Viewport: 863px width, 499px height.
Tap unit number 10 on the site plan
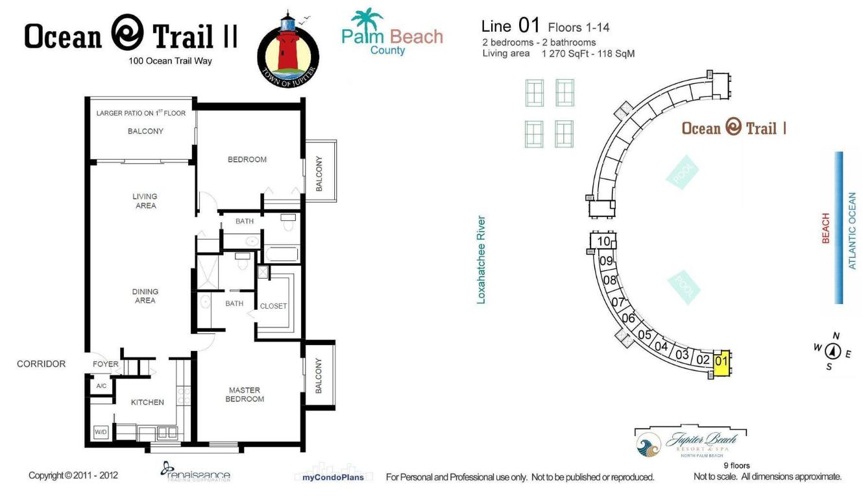coord(604,242)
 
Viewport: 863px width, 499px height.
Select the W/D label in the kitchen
coord(101,431)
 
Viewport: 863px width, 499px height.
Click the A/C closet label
coord(101,386)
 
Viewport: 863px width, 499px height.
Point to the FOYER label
coord(106,364)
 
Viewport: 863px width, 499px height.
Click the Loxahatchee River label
coord(481,260)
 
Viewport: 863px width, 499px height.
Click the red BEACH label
coord(826,228)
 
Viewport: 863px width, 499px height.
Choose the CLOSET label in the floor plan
coord(273,306)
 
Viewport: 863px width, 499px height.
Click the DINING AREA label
coord(145,296)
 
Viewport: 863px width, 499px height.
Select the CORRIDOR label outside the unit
coord(41,364)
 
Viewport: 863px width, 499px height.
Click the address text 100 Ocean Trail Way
coord(170,61)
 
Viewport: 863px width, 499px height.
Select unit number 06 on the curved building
coord(628,318)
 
